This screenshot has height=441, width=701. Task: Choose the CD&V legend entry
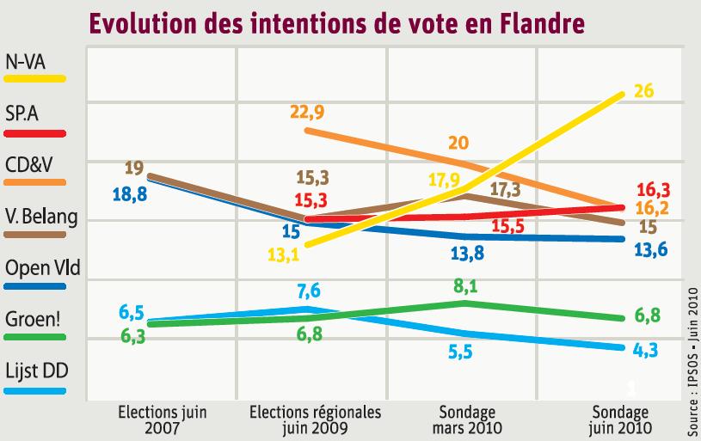coord(33,164)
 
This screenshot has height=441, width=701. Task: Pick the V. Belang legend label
coord(41,216)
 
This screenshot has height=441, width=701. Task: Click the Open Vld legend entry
coord(42,267)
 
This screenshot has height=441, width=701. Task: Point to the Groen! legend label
coord(33,319)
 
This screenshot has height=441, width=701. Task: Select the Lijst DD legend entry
coord(36,371)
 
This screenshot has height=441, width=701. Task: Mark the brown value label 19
coord(133,167)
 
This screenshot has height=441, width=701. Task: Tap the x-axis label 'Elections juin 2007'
coord(162,419)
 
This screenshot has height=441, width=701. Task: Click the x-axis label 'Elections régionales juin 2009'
coord(315,419)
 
